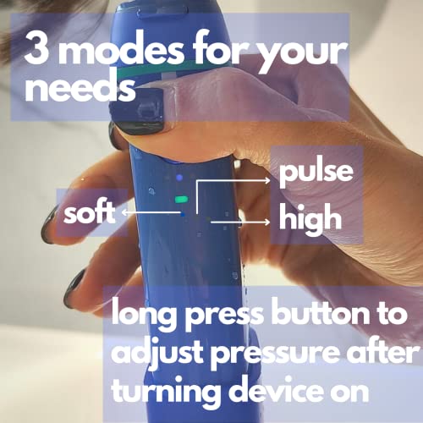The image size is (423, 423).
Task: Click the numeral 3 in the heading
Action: (x=41, y=52)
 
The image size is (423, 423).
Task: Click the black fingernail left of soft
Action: (x=48, y=224)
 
